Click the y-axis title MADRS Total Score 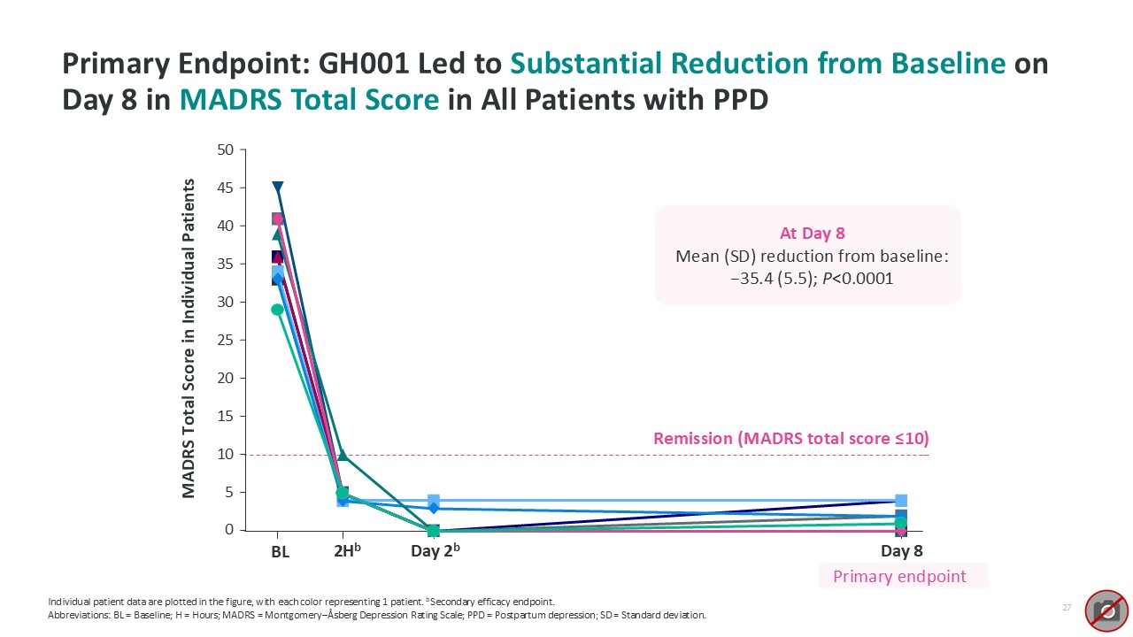click(x=189, y=338)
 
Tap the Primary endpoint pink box click(x=899, y=577)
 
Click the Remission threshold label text click(x=790, y=439)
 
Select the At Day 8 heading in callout click(x=812, y=234)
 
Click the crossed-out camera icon click(x=1107, y=610)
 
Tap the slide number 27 click(x=1067, y=608)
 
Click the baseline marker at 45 click(x=278, y=188)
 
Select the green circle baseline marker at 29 click(x=277, y=310)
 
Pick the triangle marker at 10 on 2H click(x=343, y=455)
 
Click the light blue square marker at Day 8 click(x=901, y=501)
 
